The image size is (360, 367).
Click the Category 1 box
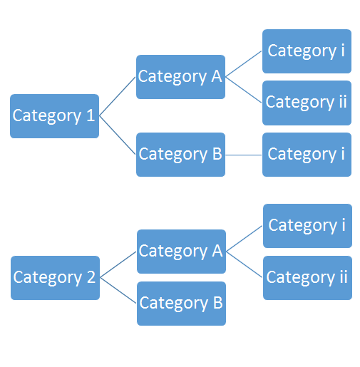pos(54,116)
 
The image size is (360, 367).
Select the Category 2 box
pos(55,278)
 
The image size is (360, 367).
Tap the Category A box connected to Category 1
pos(180,77)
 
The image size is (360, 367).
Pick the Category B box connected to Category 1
pos(180,155)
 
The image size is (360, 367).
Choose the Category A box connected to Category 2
pos(181,252)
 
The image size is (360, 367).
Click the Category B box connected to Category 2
pos(181,304)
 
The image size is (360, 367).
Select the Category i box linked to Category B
pos(307,155)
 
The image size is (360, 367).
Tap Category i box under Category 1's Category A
pos(307,51)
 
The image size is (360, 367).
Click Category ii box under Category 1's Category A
pos(307,103)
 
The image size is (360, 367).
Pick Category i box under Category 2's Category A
pos(307,226)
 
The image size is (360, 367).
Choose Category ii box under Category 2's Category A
pos(307,278)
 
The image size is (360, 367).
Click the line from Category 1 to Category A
pos(118,96)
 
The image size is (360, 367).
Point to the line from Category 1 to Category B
pos(118,135)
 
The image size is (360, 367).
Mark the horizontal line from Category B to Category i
pos(244,155)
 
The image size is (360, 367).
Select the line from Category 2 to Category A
pos(118,264)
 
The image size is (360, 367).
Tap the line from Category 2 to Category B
pos(118,291)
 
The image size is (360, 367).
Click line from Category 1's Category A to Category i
pos(244,64)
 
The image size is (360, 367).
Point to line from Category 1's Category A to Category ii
pos(244,90)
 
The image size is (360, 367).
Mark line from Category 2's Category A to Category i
pos(245,239)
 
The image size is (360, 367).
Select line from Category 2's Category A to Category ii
pos(245,264)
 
